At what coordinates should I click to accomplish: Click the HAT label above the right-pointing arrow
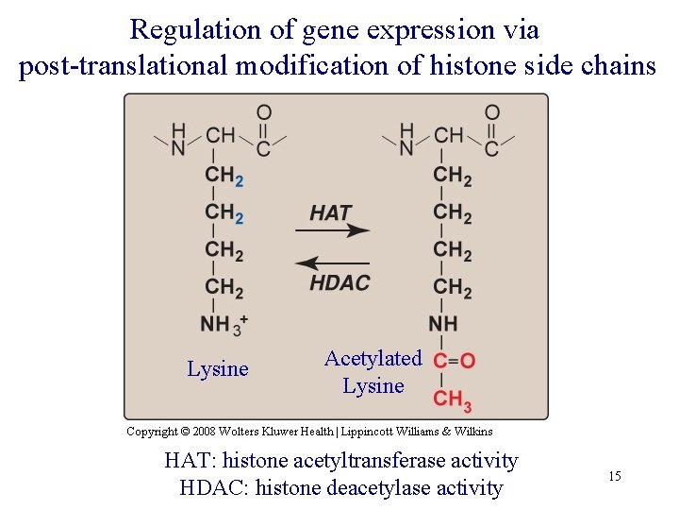coord(330,212)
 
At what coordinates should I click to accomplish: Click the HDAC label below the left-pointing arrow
coord(339,282)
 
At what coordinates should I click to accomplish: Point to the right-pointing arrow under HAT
coord(339,229)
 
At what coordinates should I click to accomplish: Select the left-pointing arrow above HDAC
coord(331,263)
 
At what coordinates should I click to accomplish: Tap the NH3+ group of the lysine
coord(224,324)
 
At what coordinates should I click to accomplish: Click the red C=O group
coord(454,361)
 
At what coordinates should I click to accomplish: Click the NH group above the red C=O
coord(443,324)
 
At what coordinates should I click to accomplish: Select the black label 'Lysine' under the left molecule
coord(218,369)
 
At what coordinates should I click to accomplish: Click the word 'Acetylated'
coord(373,359)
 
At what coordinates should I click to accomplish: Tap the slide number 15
coord(614,477)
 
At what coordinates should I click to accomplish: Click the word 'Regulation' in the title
coord(196,30)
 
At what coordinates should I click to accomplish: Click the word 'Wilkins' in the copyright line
coord(472,432)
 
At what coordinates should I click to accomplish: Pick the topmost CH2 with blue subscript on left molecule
coord(224,176)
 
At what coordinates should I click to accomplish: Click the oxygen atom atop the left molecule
coord(264,113)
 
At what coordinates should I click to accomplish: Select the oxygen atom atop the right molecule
coord(492,113)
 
